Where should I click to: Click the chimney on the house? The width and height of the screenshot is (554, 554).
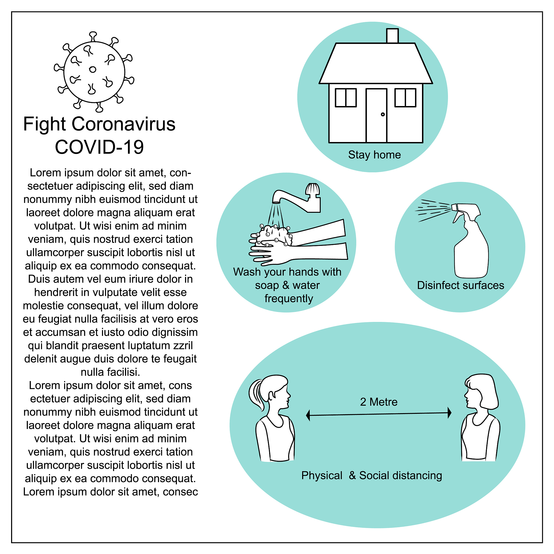(x=392, y=36)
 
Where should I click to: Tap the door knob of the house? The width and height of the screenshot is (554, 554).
(x=383, y=114)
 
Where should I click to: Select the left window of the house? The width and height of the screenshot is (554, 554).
(x=346, y=98)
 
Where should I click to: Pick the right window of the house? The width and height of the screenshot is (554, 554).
(x=405, y=98)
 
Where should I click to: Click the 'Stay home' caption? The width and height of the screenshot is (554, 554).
(x=374, y=155)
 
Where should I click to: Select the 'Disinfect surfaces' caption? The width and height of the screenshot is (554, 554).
(x=460, y=285)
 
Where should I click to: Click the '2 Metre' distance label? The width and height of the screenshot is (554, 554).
(x=379, y=402)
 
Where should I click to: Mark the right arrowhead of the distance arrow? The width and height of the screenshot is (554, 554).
(x=449, y=413)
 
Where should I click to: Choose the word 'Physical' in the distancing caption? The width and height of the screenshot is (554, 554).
(x=322, y=476)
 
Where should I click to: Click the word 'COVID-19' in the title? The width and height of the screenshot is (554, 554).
(x=99, y=147)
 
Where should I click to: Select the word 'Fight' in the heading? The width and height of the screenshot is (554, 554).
(x=44, y=124)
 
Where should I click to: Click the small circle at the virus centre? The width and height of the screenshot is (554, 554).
(x=93, y=70)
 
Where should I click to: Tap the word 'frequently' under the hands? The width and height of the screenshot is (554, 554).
(x=288, y=299)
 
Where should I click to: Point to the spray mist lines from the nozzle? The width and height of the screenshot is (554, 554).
(x=433, y=210)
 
